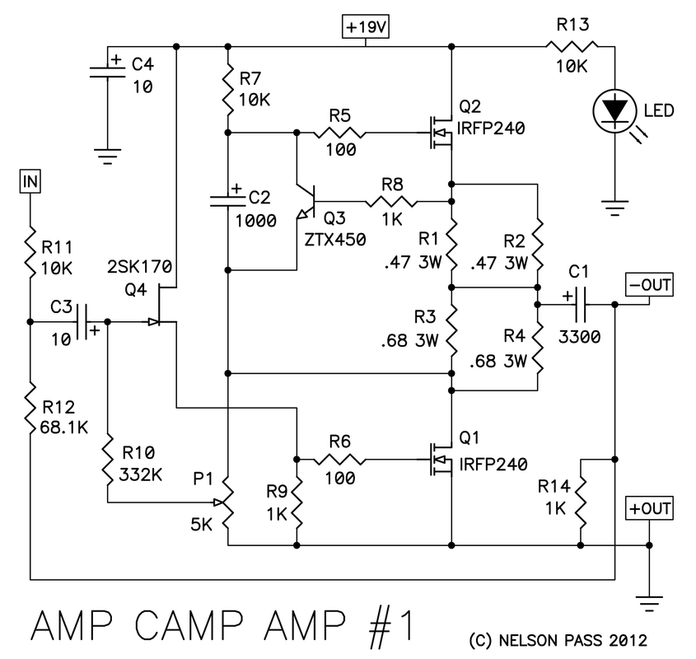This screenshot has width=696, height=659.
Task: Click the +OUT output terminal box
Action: click(x=649, y=508)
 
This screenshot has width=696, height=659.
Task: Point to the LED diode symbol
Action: click(x=614, y=111)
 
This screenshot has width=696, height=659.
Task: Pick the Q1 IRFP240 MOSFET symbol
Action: click(x=437, y=459)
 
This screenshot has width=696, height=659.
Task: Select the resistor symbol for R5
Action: click(x=340, y=132)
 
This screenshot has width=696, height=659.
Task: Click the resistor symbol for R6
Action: click(x=340, y=459)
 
